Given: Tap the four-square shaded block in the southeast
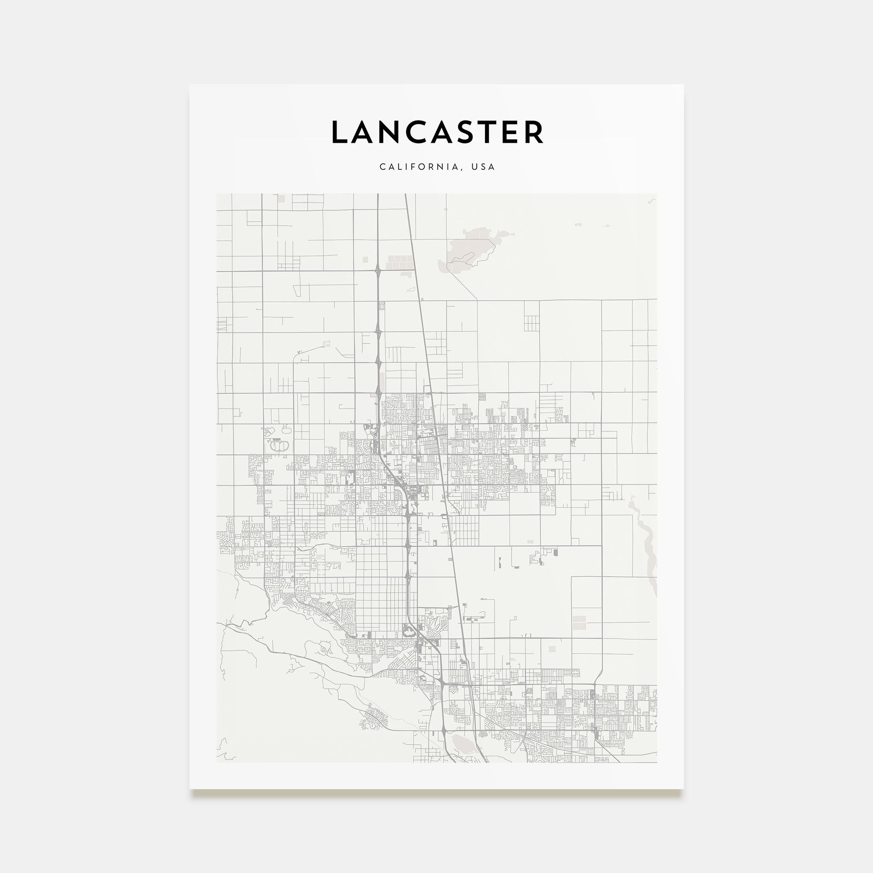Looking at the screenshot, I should (579, 622).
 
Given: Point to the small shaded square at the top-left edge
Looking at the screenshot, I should (282, 198).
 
